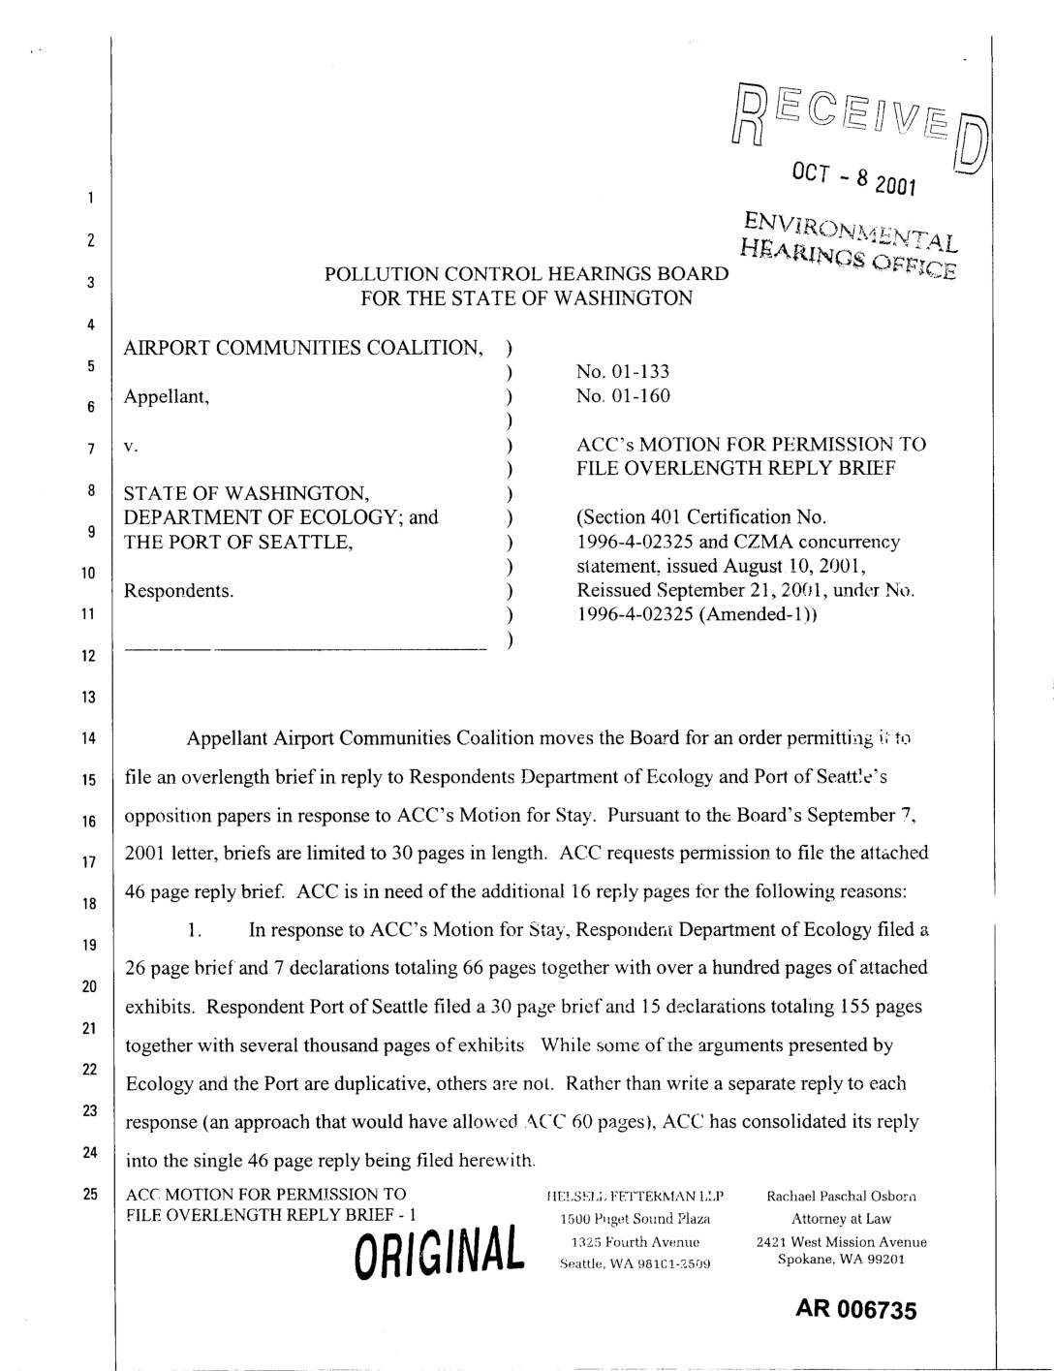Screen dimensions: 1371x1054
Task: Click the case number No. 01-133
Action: coord(622,371)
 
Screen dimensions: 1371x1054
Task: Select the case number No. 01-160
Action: coord(622,395)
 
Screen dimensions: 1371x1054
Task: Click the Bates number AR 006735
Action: coord(855,1310)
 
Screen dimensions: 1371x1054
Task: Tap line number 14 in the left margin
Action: coord(88,739)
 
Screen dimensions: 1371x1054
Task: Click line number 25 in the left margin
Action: coord(88,1195)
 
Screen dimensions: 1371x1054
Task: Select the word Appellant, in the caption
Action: coord(167,396)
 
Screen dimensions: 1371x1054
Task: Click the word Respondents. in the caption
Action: coord(179,590)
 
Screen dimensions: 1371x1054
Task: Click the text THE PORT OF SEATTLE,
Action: coord(237,542)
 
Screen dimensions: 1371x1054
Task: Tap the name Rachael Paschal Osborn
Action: coord(841,1196)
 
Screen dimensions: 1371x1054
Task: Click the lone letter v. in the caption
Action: coord(131,447)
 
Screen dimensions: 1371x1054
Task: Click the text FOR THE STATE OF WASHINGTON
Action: coord(526,298)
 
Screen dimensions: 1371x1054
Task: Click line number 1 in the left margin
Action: coord(88,199)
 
